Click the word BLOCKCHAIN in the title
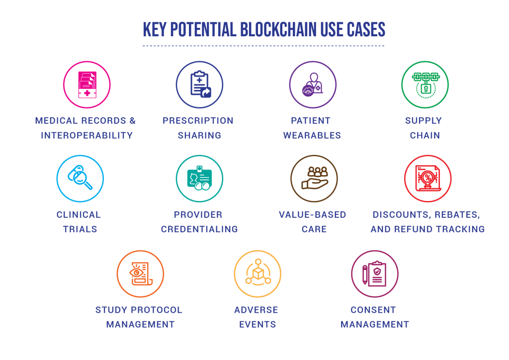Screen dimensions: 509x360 pyautogui.click(x=278, y=30)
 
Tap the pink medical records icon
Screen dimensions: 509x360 pyautogui.click(x=87, y=85)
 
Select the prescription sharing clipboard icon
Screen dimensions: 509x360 pyautogui.click(x=200, y=84)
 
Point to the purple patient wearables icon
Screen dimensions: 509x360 pyautogui.click(x=312, y=85)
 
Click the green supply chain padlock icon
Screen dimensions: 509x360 pyautogui.click(x=425, y=85)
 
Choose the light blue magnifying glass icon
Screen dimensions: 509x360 pyautogui.click(x=80, y=177)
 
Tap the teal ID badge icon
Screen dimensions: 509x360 pyautogui.click(x=199, y=178)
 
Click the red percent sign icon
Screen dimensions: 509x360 pyautogui.click(x=428, y=178)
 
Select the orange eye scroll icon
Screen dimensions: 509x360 pyautogui.click(x=141, y=273)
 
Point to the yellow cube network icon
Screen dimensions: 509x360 pyautogui.click(x=258, y=272)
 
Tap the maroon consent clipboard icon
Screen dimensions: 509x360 pyautogui.click(x=374, y=273)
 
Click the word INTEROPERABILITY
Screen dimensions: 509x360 pyautogui.click(x=87, y=135)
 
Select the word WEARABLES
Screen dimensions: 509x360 pyautogui.click(x=312, y=135)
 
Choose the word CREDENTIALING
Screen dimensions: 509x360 pyautogui.click(x=199, y=229)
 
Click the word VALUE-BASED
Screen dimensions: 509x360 pyautogui.click(x=313, y=215)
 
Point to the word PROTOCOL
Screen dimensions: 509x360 pyautogui.click(x=157, y=310)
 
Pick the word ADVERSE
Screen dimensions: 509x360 pyautogui.click(x=256, y=310)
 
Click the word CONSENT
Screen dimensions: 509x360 pyautogui.click(x=373, y=310)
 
